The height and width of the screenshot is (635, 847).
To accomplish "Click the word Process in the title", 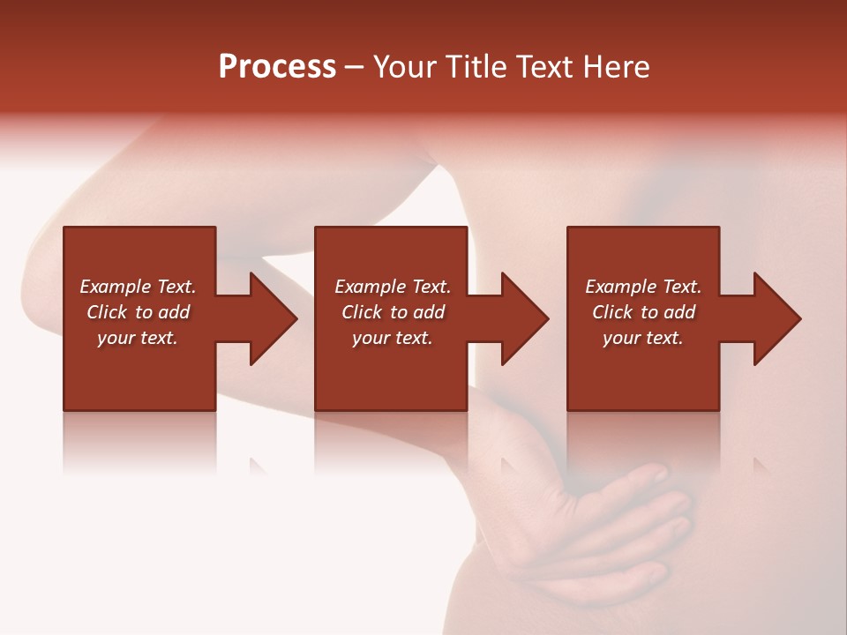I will tap(277, 67).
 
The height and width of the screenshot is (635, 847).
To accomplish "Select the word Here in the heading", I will tap(617, 67).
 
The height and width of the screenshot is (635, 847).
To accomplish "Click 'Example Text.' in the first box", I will tap(138, 287).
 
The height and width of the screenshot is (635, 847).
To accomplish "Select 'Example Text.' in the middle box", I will tap(393, 287).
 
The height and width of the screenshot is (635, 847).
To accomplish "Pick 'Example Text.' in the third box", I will tap(643, 287).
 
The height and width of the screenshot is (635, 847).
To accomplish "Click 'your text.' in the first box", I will tap(138, 338).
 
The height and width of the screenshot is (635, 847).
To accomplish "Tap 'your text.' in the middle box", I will tap(393, 338).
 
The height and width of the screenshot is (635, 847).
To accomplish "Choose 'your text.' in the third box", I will tap(643, 338).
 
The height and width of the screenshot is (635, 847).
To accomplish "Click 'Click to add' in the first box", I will tap(138, 312).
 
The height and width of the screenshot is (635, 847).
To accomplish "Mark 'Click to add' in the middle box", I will tap(393, 312).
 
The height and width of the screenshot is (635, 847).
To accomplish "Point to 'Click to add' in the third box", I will tap(643, 312).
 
